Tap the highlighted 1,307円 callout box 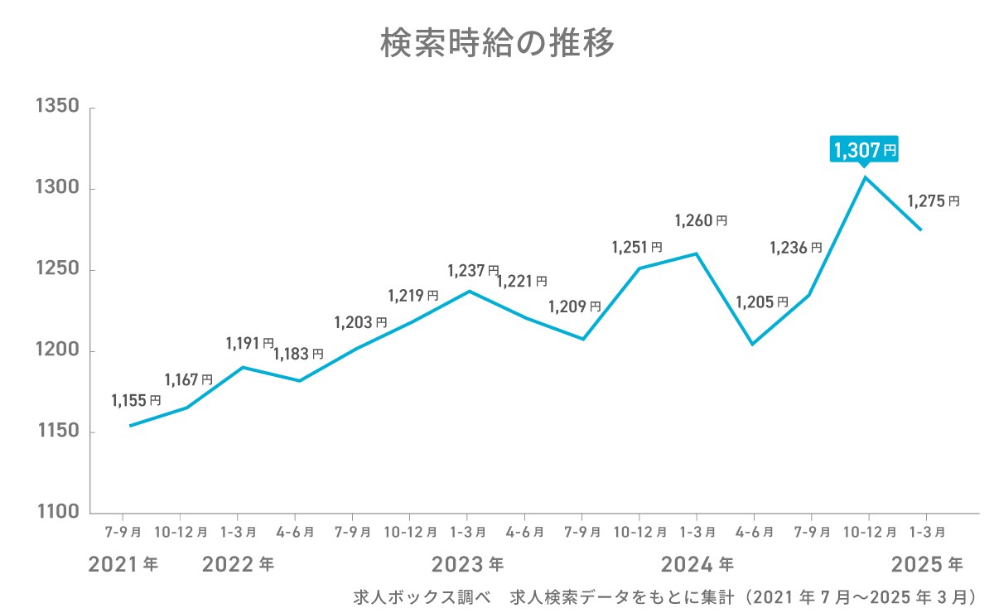tap(865, 150)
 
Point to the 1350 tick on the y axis tap(56, 108)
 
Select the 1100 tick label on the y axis tap(56, 513)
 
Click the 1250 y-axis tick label tap(56, 270)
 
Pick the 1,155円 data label tap(136, 401)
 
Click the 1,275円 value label tap(934, 200)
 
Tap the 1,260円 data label tap(701, 221)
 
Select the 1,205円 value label tap(762, 302)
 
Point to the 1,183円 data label tap(297, 354)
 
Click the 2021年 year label tap(123, 565)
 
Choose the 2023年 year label tap(467, 565)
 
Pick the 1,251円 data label tap(637, 247)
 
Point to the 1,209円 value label tap(574, 306)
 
